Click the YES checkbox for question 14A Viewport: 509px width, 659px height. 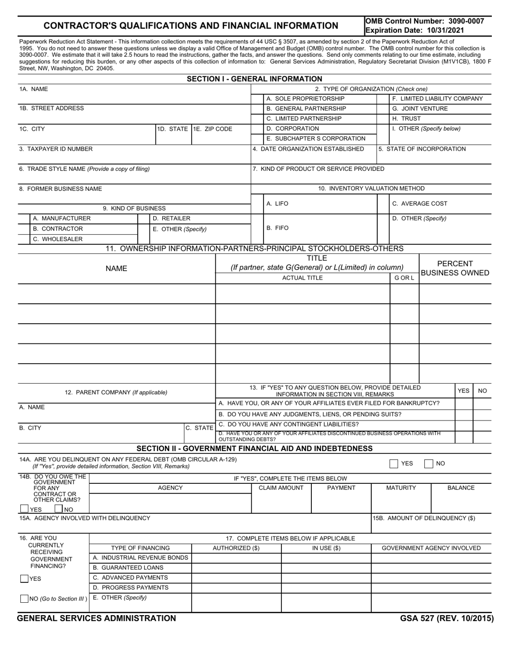[x=394, y=464]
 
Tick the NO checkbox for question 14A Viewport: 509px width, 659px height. [x=429, y=464]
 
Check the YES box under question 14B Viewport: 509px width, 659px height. [x=24, y=510]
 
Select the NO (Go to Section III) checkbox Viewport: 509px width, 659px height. [x=24, y=599]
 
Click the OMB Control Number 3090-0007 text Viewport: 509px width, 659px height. [x=424, y=21]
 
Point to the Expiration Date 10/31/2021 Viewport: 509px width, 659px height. [x=415, y=30]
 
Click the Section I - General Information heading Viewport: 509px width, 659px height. [x=254, y=79]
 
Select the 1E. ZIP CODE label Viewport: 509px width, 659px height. [x=213, y=129]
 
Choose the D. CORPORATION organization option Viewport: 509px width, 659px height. [x=293, y=129]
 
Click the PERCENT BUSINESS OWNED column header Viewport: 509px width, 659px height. [x=455, y=268]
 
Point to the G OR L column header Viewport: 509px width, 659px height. [x=404, y=278]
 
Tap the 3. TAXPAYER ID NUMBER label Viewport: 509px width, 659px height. [x=56, y=149]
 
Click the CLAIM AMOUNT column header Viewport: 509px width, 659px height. [x=281, y=488]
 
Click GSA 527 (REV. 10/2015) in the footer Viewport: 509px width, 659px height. [x=446, y=618]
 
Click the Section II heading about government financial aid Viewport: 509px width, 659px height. [x=254, y=448]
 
